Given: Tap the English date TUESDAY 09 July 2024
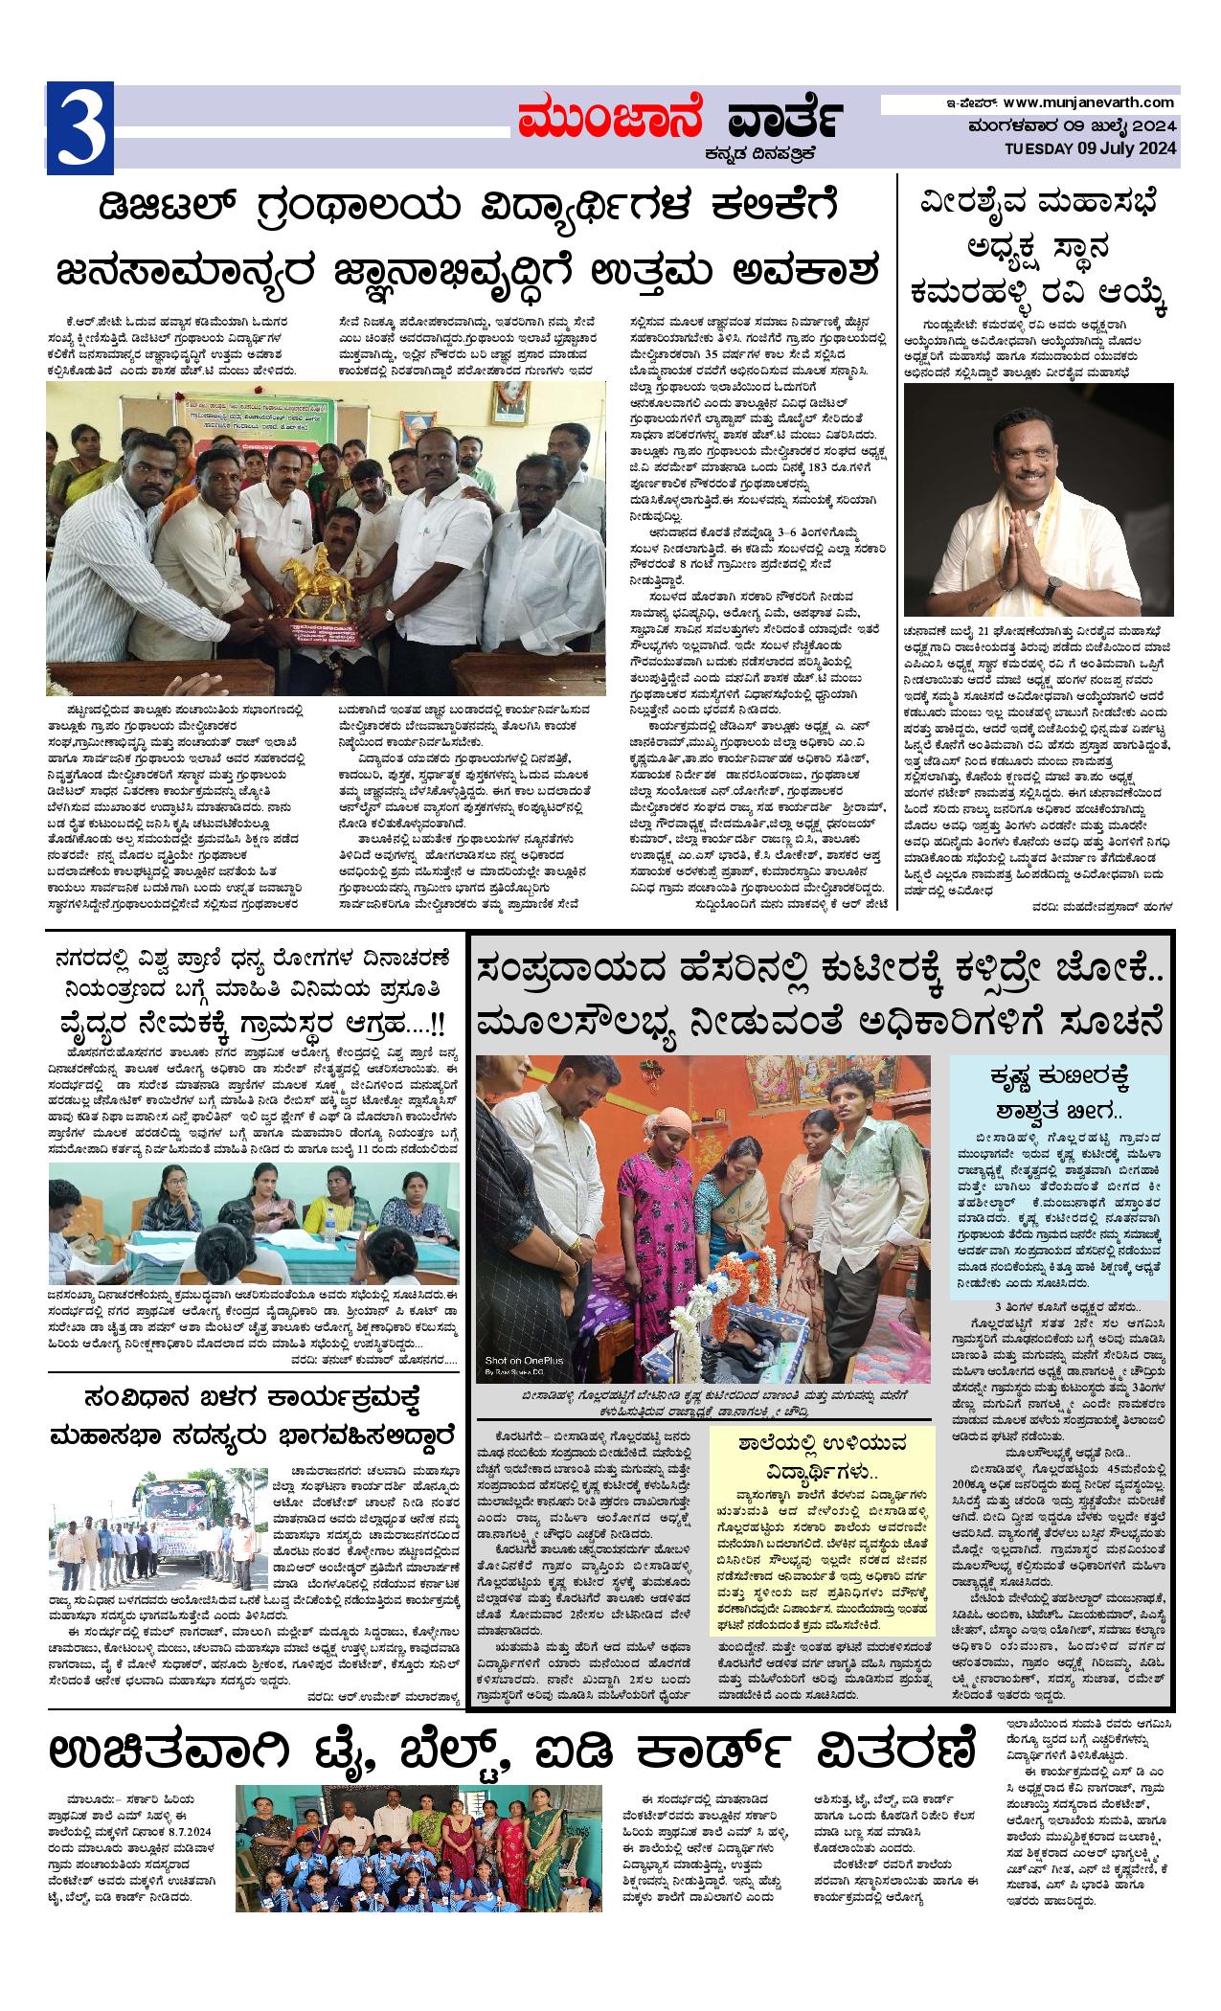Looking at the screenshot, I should [1091, 148].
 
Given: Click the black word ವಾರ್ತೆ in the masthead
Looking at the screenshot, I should [784, 121].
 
